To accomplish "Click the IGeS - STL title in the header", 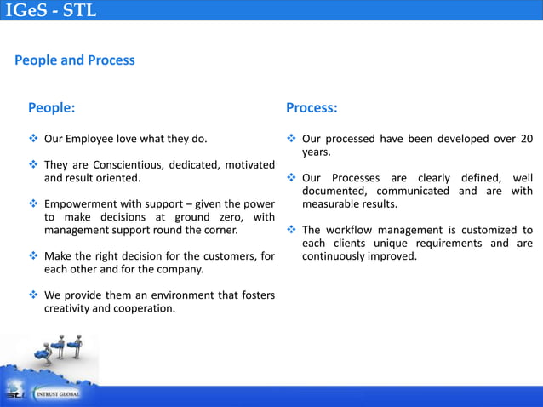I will pyautogui.click(x=51, y=11).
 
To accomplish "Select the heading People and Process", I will pyautogui.click(x=75, y=60).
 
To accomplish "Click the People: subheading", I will pyautogui.click(x=51, y=108).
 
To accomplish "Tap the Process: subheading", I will pyautogui.click(x=312, y=108).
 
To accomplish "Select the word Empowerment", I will pyautogui.click(x=82, y=204).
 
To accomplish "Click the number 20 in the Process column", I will pyautogui.click(x=526, y=138).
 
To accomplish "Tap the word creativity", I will pyautogui.click(x=68, y=308).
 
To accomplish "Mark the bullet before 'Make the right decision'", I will pyautogui.click(x=34, y=256).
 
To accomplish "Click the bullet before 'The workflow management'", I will pyautogui.click(x=291, y=230).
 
